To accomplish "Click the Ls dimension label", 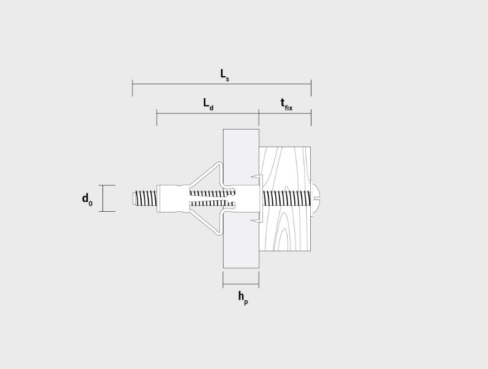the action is [225, 75].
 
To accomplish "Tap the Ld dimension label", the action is [208, 104].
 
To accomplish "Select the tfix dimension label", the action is [286, 105].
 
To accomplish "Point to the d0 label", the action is [87, 200].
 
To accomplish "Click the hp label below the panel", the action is [243, 298].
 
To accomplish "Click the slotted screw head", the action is [315, 198].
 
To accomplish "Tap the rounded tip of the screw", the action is [134, 198].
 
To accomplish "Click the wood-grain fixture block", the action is [285, 199].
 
